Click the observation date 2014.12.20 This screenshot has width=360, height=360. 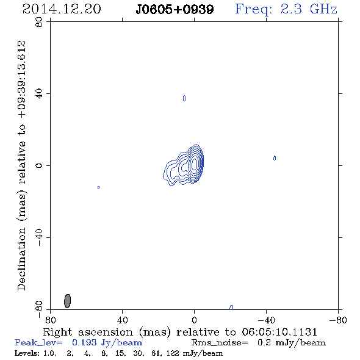click(x=62, y=9)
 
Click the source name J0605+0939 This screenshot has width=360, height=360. click(x=175, y=10)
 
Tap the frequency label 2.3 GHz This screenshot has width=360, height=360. click(x=309, y=9)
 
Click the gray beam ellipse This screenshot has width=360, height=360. click(x=67, y=301)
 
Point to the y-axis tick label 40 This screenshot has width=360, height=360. click(x=39, y=94)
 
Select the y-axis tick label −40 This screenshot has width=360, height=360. click(x=39, y=238)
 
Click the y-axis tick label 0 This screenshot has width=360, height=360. click(x=39, y=165)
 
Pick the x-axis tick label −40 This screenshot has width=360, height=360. click(x=266, y=320)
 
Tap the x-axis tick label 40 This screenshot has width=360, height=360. click(x=122, y=320)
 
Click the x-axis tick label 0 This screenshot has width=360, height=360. click(x=194, y=320)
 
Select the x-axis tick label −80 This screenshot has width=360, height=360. click(x=338, y=320)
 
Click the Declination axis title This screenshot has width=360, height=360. click(x=21, y=165)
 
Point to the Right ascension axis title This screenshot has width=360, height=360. click(x=180, y=332)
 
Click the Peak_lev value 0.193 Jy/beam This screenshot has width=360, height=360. click(x=107, y=342)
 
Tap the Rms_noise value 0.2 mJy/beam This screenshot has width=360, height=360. click(x=291, y=342)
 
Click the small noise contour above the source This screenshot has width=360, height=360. click(x=184, y=98)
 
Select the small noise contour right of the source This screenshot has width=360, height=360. click(x=275, y=158)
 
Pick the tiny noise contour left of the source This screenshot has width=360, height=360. click(x=98, y=187)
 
